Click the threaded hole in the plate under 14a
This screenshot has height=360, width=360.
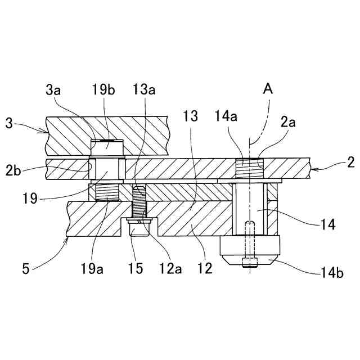click(249, 168)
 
